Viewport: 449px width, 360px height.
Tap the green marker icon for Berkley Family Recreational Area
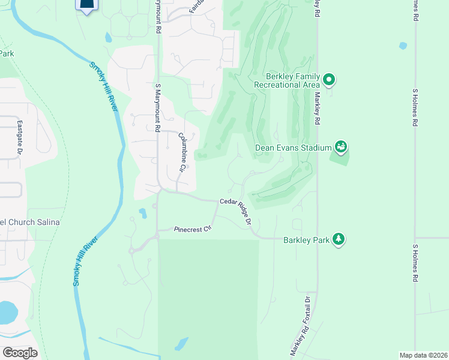329,79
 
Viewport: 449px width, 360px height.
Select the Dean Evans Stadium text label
294,147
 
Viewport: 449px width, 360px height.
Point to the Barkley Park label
306,240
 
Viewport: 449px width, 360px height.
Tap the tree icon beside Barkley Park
339,239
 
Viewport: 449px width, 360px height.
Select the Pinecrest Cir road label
193,229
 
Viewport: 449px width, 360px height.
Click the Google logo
20,353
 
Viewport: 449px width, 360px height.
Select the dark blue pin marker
87,5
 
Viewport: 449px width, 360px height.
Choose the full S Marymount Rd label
158,107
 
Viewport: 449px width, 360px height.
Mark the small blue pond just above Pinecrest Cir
142,213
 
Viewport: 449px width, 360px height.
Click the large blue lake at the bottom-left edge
7,312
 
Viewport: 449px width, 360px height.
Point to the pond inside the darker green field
181,344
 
